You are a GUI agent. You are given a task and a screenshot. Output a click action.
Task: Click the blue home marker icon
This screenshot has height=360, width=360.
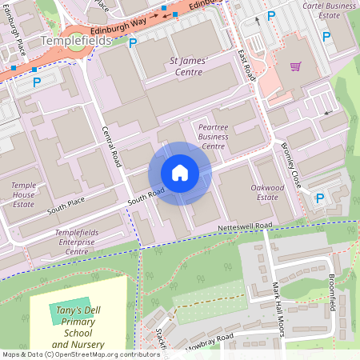(x=180, y=173)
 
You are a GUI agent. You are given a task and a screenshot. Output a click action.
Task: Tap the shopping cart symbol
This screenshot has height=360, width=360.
(x=295, y=67)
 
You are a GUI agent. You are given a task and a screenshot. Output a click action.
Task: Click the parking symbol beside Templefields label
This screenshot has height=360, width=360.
(x=133, y=43)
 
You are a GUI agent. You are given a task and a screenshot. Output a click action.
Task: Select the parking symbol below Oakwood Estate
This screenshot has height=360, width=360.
(x=320, y=198)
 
